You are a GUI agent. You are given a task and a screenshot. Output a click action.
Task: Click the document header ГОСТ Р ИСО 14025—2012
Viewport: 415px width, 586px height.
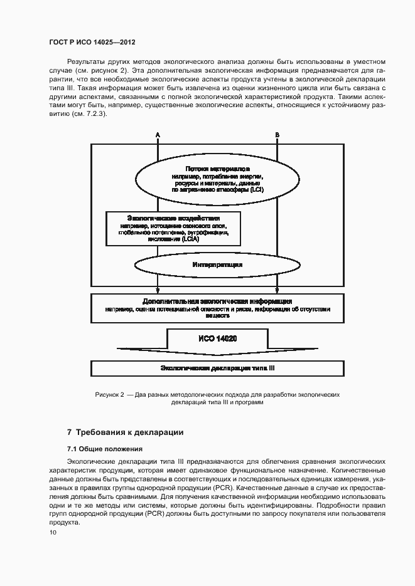click(92, 43)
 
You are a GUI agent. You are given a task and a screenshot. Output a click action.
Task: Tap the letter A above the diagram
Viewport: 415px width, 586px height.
click(158, 135)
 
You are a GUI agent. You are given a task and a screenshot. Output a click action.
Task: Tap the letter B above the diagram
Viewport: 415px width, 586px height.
click(277, 135)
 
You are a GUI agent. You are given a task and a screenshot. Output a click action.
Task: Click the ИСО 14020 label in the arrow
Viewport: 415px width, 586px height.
click(217, 338)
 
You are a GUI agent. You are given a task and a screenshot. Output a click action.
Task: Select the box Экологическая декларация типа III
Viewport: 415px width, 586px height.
click(217, 369)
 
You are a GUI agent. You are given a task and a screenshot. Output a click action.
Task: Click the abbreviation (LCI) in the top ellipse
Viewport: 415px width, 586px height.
click(256, 189)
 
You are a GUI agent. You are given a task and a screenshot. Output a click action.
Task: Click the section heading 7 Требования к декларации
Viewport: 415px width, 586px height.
click(125, 432)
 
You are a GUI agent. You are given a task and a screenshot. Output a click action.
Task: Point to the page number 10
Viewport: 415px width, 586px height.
click(53, 533)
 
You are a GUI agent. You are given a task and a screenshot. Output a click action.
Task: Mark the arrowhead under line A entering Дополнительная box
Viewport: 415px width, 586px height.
click(158, 291)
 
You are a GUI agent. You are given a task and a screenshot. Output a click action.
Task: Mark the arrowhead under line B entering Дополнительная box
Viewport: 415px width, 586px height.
click(277, 291)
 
